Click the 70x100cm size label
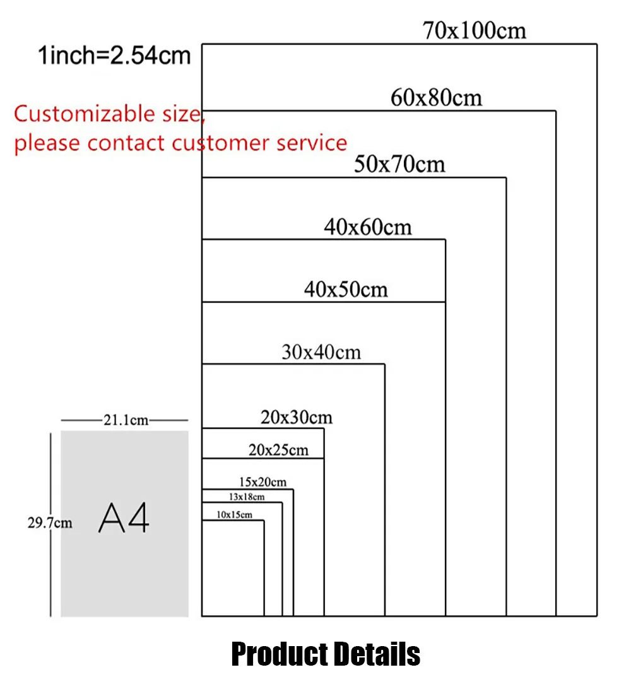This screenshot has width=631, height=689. pyautogui.click(x=475, y=30)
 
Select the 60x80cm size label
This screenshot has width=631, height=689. pyautogui.click(x=436, y=98)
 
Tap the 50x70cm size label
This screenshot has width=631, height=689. pyautogui.click(x=399, y=165)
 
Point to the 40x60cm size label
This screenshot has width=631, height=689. pyautogui.click(x=368, y=227)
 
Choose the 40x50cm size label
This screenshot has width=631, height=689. pyautogui.click(x=346, y=290)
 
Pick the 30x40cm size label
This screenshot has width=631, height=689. pyautogui.click(x=321, y=351)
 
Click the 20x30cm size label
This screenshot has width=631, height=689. pyautogui.click(x=296, y=417)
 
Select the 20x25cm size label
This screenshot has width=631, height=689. pyautogui.click(x=278, y=450)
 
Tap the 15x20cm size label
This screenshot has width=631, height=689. pyautogui.click(x=262, y=483)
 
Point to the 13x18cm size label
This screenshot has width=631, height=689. pyautogui.click(x=246, y=497)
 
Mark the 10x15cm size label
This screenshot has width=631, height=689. pyautogui.click(x=234, y=515)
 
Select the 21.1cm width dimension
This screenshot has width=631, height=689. pyautogui.click(x=126, y=420)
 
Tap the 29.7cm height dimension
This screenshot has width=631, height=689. pyautogui.click(x=49, y=523)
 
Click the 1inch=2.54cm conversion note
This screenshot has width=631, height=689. pyautogui.click(x=114, y=56)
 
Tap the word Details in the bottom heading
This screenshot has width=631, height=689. pyautogui.click(x=377, y=654)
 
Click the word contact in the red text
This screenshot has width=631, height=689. pyautogui.click(x=127, y=143)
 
